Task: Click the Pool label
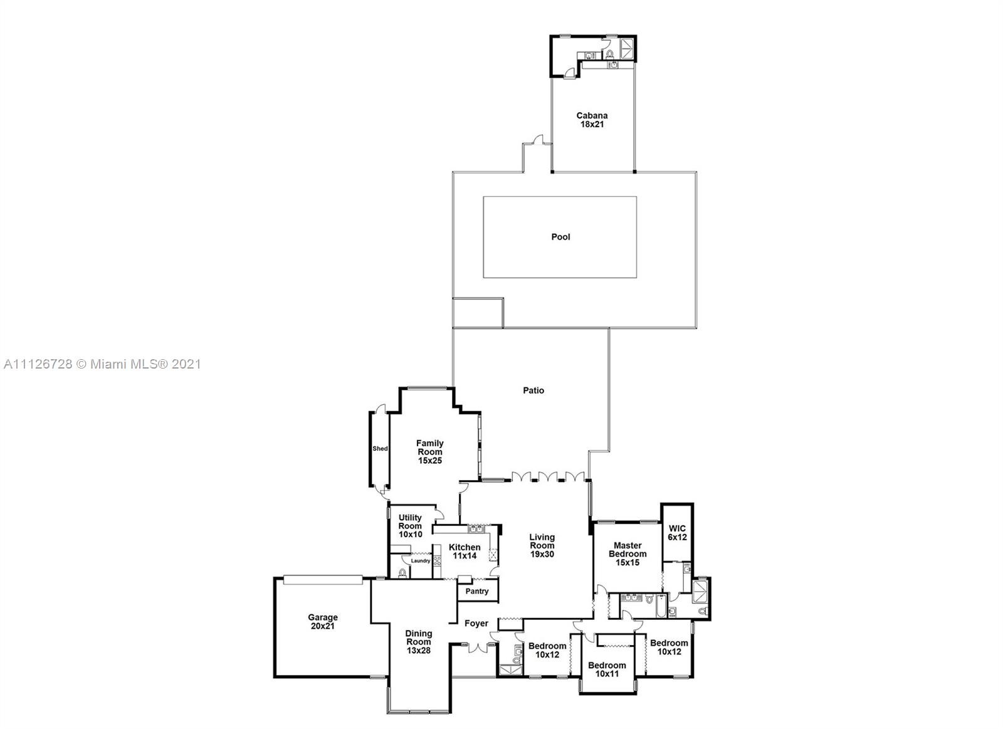pyautogui.click(x=560, y=237)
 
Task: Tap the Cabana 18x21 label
pyautogui.click(x=592, y=120)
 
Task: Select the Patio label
pyautogui.click(x=533, y=391)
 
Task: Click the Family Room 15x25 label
pyautogui.click(x=430, y=452)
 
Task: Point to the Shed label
pyautogui.click(x=380, y=449)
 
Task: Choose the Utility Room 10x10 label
pyautogui.click(x=410, y=526)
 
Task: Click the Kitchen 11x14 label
pyautogui.click(x=465, y=552)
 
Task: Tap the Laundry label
pyautogui.click(x=421, y=560)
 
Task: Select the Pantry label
pyautogui.click(x=477, y=591)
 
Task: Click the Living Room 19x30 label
pyautogui.click(x=542, y=545)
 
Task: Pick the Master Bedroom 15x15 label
pyautogui.click(x=628, y=554)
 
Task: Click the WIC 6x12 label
pyautogui.click(x=677, y=533)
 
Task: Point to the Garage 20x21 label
pyautogui.click(x=323, y=622)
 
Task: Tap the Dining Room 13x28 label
pyautogui.click(x=419, y=642)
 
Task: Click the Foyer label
pyautogui.click(x=476, y=623)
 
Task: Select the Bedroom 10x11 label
pyautogui.click(x=607, y=669)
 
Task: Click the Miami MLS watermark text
pyautogui.click(x=102, y=364)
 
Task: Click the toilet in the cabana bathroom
pyautogui.click(x=609, y=55)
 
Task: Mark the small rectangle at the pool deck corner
pyautogui.click(x=478, y=313)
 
